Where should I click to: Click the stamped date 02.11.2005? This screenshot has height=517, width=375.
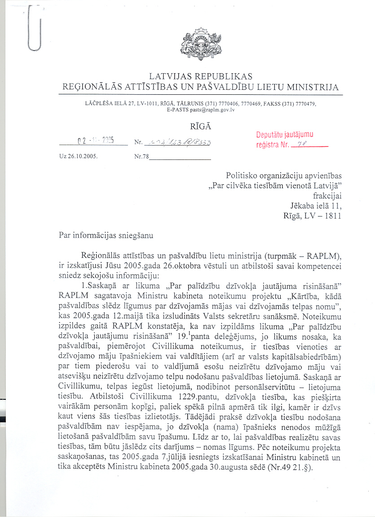pos(95,140)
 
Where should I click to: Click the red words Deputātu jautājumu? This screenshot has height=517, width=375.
pos(285,135)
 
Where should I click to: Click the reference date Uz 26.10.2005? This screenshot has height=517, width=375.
pos(79,158)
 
